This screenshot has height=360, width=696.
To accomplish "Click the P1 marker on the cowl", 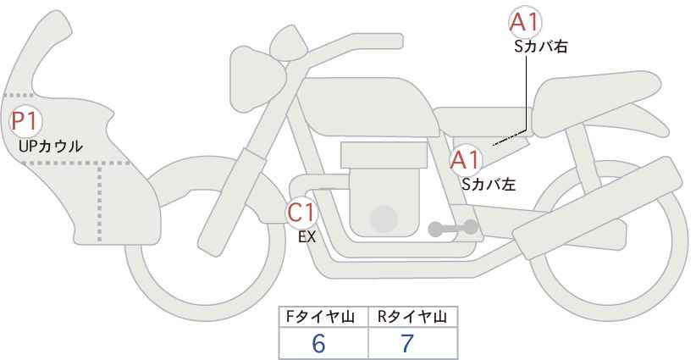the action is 25,121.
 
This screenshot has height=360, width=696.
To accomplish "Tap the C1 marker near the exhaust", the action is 301,213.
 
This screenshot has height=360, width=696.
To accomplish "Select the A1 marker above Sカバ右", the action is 525,22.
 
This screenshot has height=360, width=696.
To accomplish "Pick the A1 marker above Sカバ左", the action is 465,160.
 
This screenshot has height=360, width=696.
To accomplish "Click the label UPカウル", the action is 51,147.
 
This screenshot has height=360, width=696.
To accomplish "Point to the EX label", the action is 307,237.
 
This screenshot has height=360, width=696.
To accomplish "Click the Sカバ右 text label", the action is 541,47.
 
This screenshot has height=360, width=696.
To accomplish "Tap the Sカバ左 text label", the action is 489,184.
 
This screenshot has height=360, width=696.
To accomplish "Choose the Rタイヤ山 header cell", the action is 413,317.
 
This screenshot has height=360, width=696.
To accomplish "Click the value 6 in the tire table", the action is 318,343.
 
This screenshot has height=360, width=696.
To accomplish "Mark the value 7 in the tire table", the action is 406,343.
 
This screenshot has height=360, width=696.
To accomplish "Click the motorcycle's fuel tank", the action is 367,108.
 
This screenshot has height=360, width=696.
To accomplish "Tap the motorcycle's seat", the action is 599,103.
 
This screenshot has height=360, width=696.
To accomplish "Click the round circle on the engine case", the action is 384,219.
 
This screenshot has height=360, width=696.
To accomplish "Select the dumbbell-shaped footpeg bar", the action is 453,228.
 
